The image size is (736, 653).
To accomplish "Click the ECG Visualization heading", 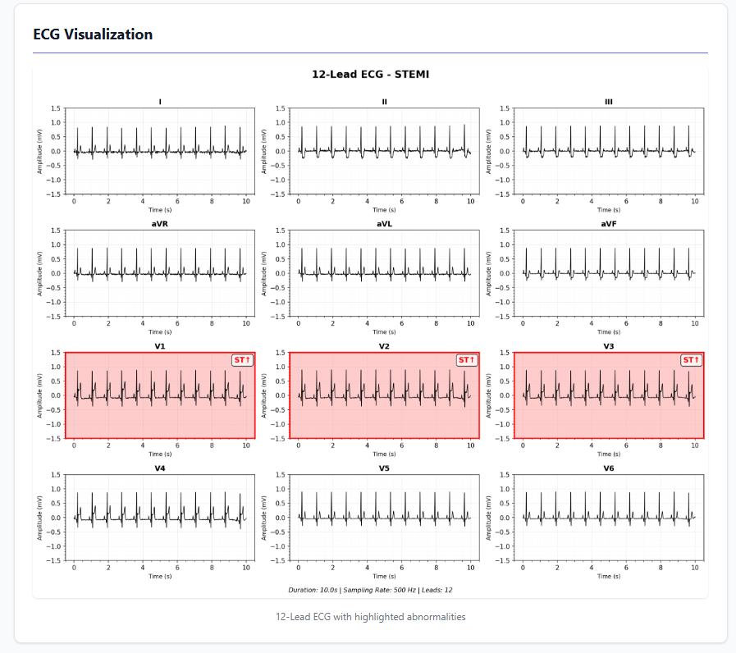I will click(93, 34).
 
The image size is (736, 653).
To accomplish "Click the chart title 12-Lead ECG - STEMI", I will click(370, 75).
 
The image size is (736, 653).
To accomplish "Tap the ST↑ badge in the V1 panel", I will click(242, 360).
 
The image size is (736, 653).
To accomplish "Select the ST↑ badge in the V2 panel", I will click(466, 360).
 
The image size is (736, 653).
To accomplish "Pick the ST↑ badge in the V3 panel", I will click(691, 360).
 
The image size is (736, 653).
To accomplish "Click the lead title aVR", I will click(160, 224).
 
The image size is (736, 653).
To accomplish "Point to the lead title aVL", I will click(384, 224).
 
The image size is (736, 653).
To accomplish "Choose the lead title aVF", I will click(608, 224).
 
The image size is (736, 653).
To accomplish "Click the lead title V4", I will click(160, 468).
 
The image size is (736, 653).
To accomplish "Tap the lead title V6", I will click(608, 468).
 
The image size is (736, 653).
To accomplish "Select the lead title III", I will click(608, 102).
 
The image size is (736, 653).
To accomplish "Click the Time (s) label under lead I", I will click(160, 210).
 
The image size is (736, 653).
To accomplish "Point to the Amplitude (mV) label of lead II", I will click(264, 151).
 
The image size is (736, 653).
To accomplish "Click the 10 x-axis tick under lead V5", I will click(470, 568).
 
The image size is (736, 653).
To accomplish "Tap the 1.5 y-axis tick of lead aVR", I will click(55, 231).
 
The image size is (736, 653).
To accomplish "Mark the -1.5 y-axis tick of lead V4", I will click(53, 561).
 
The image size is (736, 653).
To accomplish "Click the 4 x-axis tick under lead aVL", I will click(367, 323).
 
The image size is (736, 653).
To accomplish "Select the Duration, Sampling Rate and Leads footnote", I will click(370, 589).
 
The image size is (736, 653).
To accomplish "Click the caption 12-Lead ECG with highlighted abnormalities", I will click(370, 617).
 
